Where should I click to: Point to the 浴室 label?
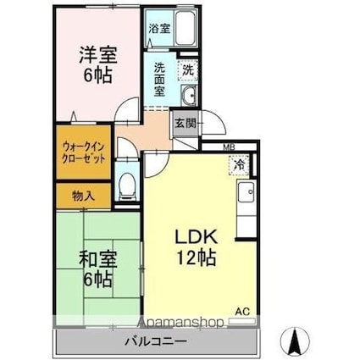tap(158, 28)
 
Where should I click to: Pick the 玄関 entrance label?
tap(186, 123)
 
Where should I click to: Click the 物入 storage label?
tap(83, 196)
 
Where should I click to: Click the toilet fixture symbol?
tap(128, 185)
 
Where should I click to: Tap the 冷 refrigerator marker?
tap(239, 165)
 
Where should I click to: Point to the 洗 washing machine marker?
tap(187, 69)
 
